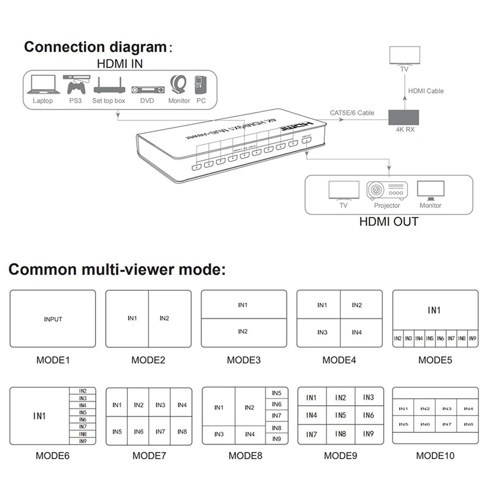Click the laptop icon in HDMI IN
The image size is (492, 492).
coord(43,86)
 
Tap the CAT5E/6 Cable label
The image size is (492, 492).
coord(352,113)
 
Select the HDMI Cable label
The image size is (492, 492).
coord(425,91)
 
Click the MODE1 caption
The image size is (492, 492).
coord(53,360)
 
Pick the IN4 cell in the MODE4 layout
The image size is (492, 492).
coord(357,332)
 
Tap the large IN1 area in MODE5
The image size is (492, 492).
coord(435,311)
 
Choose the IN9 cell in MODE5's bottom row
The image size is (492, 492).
coord(472,339)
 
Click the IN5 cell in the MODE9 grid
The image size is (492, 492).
coord(340,416)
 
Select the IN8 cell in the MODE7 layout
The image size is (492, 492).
coord(182,432)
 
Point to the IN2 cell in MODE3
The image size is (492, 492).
coord(243,332)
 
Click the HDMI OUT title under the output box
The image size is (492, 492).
coord(388,221)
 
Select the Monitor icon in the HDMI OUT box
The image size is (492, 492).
coord(430,190)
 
